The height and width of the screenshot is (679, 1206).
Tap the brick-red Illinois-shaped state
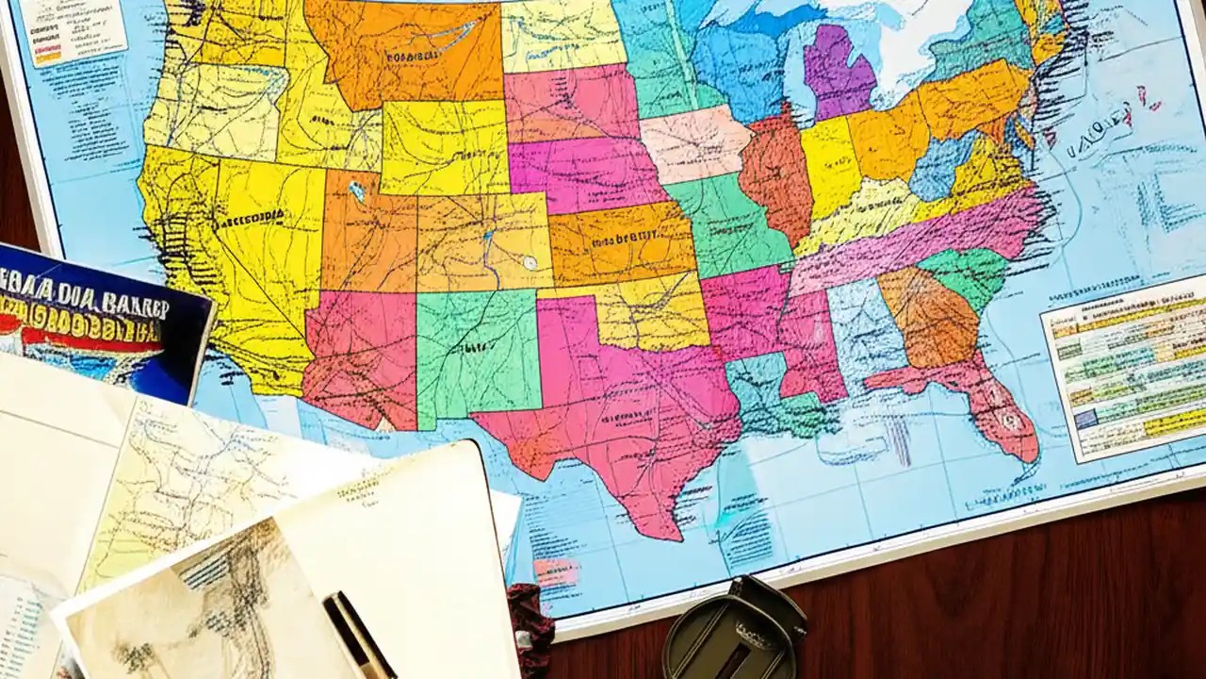776,174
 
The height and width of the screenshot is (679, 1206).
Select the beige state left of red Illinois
695,143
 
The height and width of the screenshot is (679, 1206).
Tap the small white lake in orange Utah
356,191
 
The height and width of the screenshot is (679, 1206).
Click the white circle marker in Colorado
530,263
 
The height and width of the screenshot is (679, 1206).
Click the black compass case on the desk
735,632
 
